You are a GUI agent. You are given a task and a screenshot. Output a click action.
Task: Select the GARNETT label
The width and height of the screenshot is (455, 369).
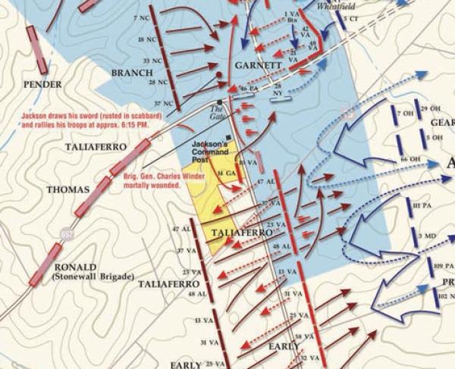258,66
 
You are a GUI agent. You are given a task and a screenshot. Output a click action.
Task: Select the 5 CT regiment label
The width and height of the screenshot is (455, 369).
350,17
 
